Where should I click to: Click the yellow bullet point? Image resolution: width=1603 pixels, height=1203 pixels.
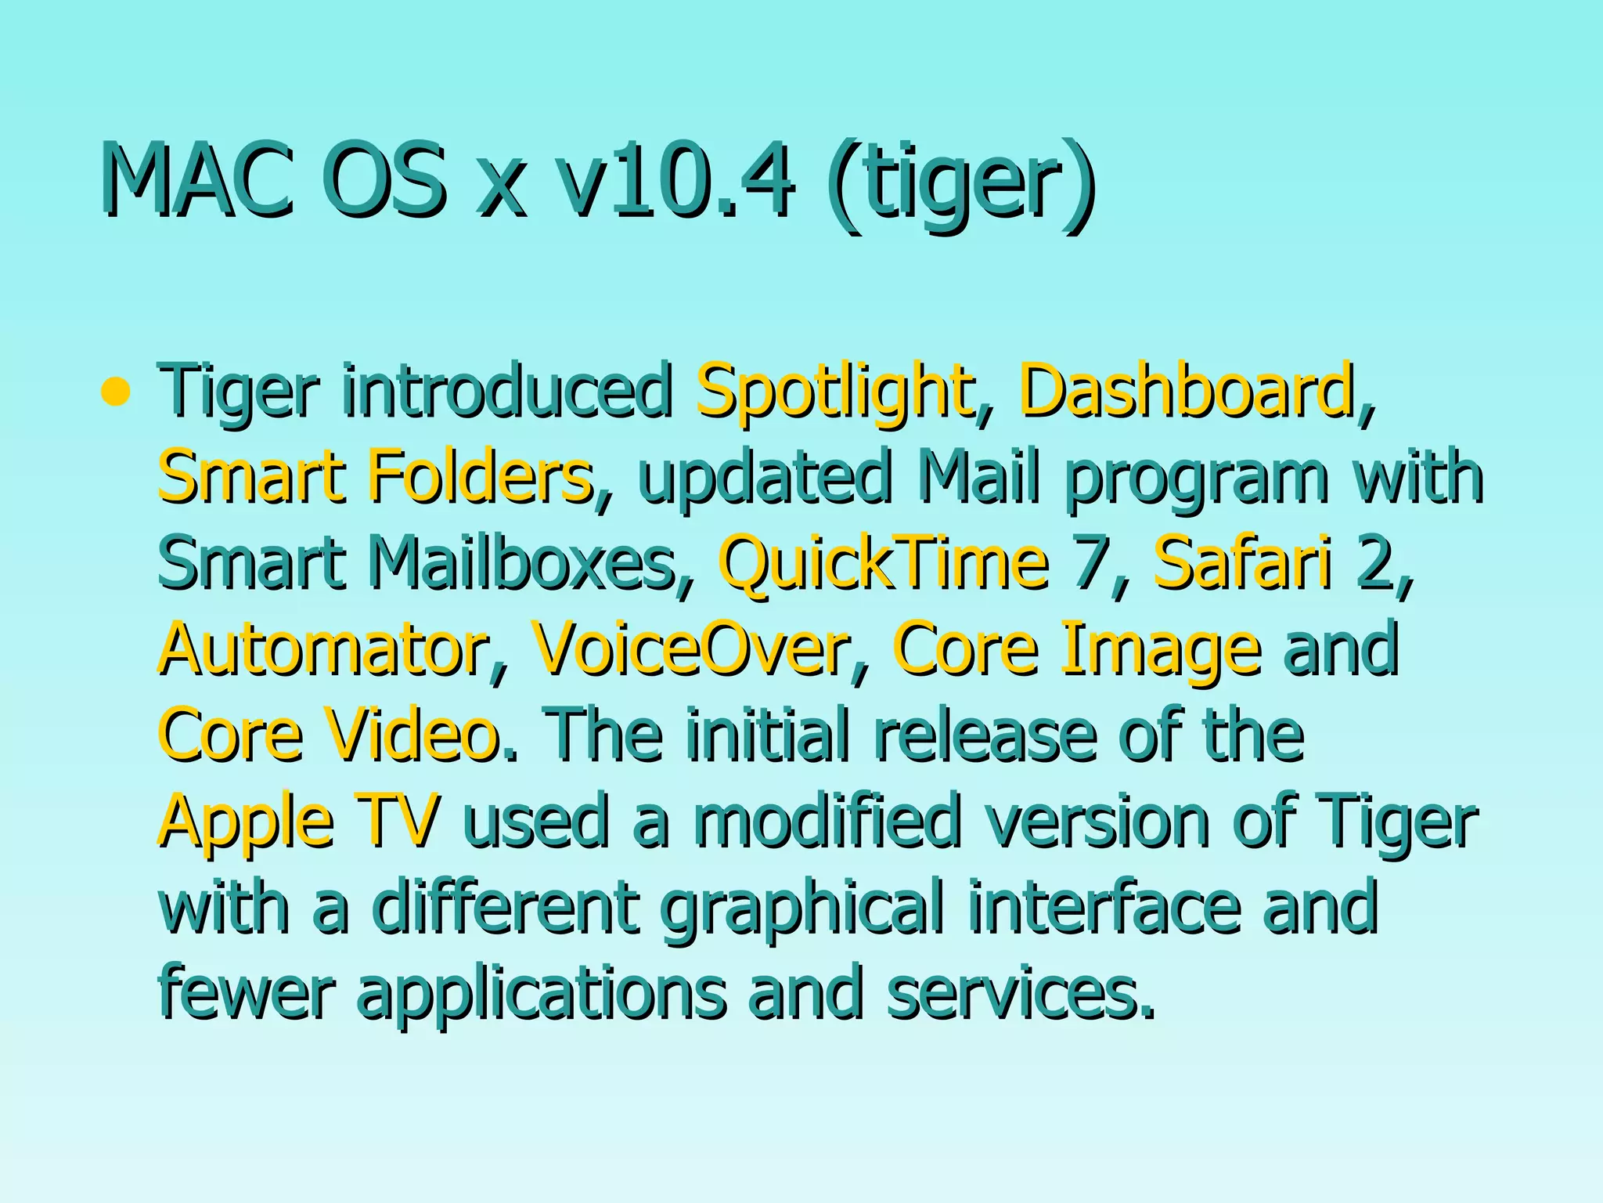(116, 391)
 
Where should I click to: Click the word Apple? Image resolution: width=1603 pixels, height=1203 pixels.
(247, 822)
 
